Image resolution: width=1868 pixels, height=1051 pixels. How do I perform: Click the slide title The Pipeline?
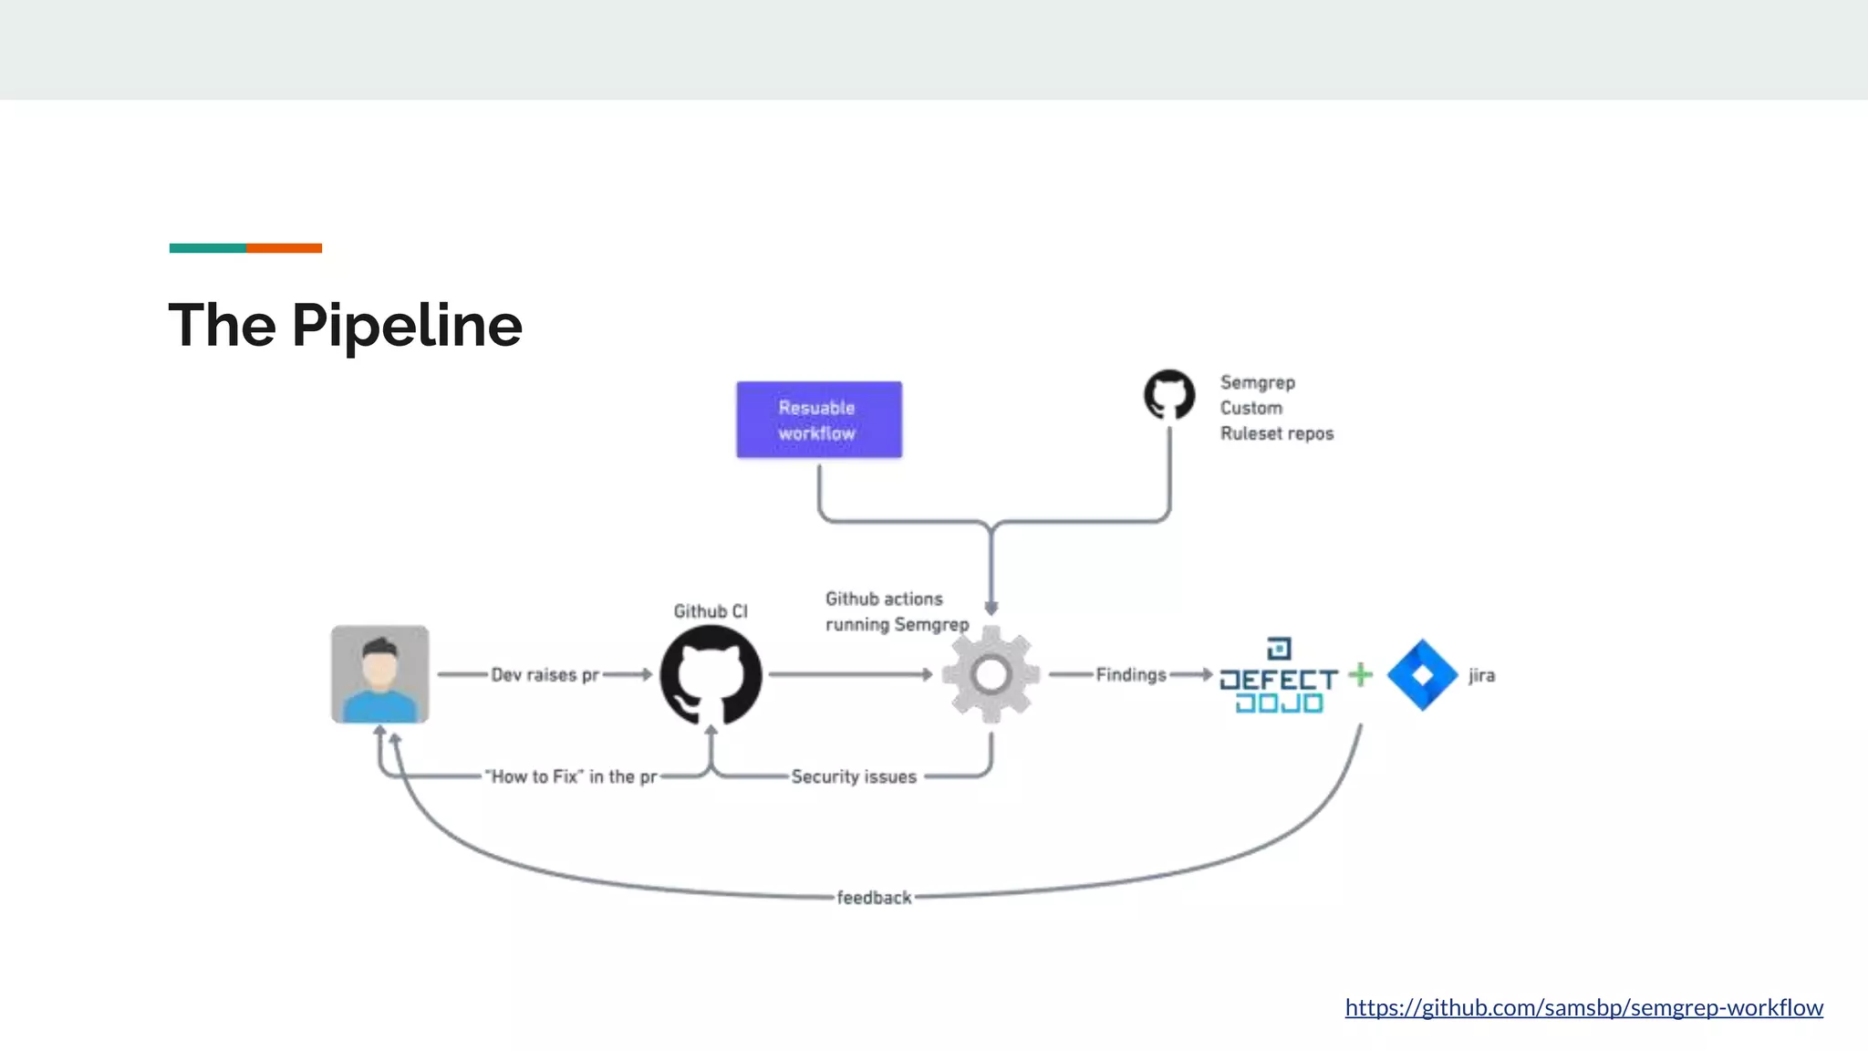point(345,326)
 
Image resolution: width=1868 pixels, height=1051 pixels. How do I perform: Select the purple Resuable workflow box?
point(818,420)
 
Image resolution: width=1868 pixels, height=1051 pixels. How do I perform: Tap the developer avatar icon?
point(379,674)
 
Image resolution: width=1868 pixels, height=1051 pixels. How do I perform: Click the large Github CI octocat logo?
point(711,675)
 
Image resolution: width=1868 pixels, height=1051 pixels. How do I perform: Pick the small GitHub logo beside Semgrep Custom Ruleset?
point(1169,395)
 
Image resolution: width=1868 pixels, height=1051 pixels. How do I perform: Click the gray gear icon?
point(991,675)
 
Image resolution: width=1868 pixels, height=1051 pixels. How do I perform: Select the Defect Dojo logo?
point(1279,678)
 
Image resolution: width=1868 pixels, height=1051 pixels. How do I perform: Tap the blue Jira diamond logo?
point(1422,675)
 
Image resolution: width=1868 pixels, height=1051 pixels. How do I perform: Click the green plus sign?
point(1360,674)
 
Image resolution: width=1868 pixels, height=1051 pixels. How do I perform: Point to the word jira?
point(1481,676)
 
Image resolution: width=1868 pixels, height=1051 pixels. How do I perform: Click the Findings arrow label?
point(1131,675)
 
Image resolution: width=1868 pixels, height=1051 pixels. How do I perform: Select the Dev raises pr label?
point(545,675)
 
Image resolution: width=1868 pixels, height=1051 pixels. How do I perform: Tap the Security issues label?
point(854,777)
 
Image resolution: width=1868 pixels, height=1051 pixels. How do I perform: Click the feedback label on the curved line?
point(874,898)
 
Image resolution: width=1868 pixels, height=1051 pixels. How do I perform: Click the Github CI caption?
point(711,611)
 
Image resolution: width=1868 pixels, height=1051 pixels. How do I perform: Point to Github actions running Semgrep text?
point(896,612)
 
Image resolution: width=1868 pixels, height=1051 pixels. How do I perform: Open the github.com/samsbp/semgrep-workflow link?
point(1583,1007)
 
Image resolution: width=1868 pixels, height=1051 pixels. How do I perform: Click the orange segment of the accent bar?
point(284,248)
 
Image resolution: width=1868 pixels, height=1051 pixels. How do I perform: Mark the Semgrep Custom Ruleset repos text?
point(1275,408)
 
